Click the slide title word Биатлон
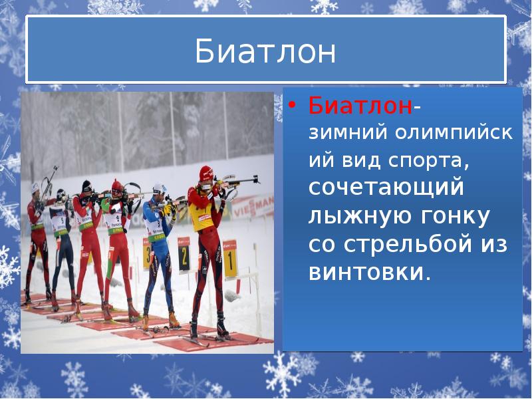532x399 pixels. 265,52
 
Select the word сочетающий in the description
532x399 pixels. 385,188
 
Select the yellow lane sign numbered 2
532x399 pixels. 184,254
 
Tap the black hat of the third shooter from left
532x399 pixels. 86,185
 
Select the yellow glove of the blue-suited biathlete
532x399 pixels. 168,210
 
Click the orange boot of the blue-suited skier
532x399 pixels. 174,319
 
